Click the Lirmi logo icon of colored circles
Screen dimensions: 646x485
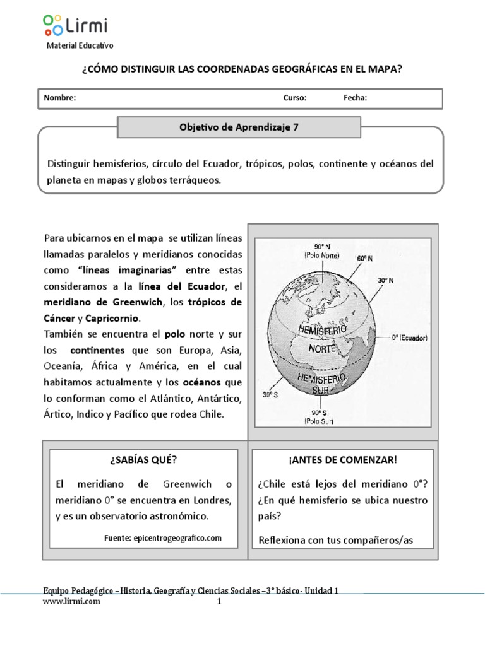tap(52, 25)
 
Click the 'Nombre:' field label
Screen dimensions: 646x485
tap(60, 98)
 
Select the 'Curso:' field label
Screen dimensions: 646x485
tap(295, 98)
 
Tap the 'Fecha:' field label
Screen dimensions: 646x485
tap(356, 98)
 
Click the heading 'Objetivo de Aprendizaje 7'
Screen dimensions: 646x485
tap(239, 127)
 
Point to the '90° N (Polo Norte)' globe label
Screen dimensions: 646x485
tap(322, 251)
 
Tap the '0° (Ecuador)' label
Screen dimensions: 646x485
tap(410, 338)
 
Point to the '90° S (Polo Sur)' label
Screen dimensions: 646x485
tap(318, 418)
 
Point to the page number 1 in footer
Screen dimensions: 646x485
tap(220, 602)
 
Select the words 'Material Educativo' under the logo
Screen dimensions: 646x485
tap(80, 45)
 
